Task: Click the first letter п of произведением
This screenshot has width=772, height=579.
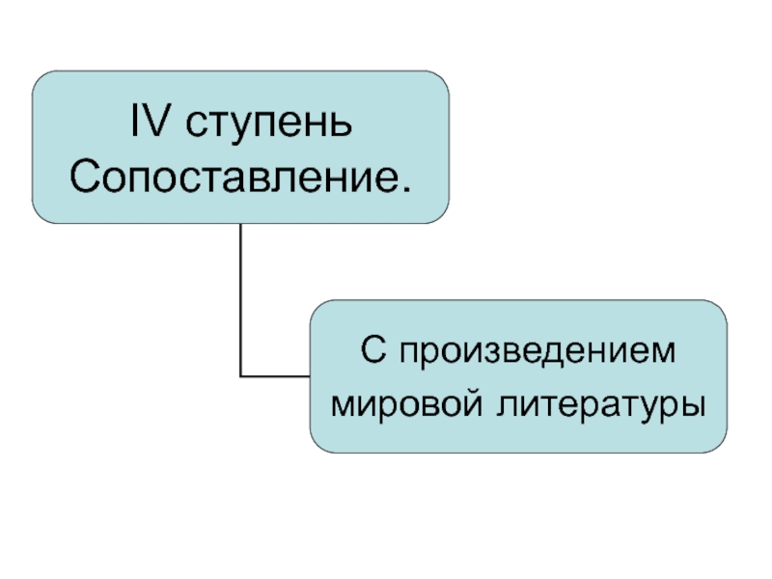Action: point(400,352)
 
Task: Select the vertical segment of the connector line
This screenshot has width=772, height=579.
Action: point(239,299)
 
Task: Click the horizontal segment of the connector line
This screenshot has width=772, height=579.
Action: point(275,375)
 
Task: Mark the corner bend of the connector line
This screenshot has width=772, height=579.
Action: point(239,375)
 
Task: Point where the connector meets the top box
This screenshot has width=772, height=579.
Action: point(239,225)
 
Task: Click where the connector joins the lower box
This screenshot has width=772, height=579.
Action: point(310,375)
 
